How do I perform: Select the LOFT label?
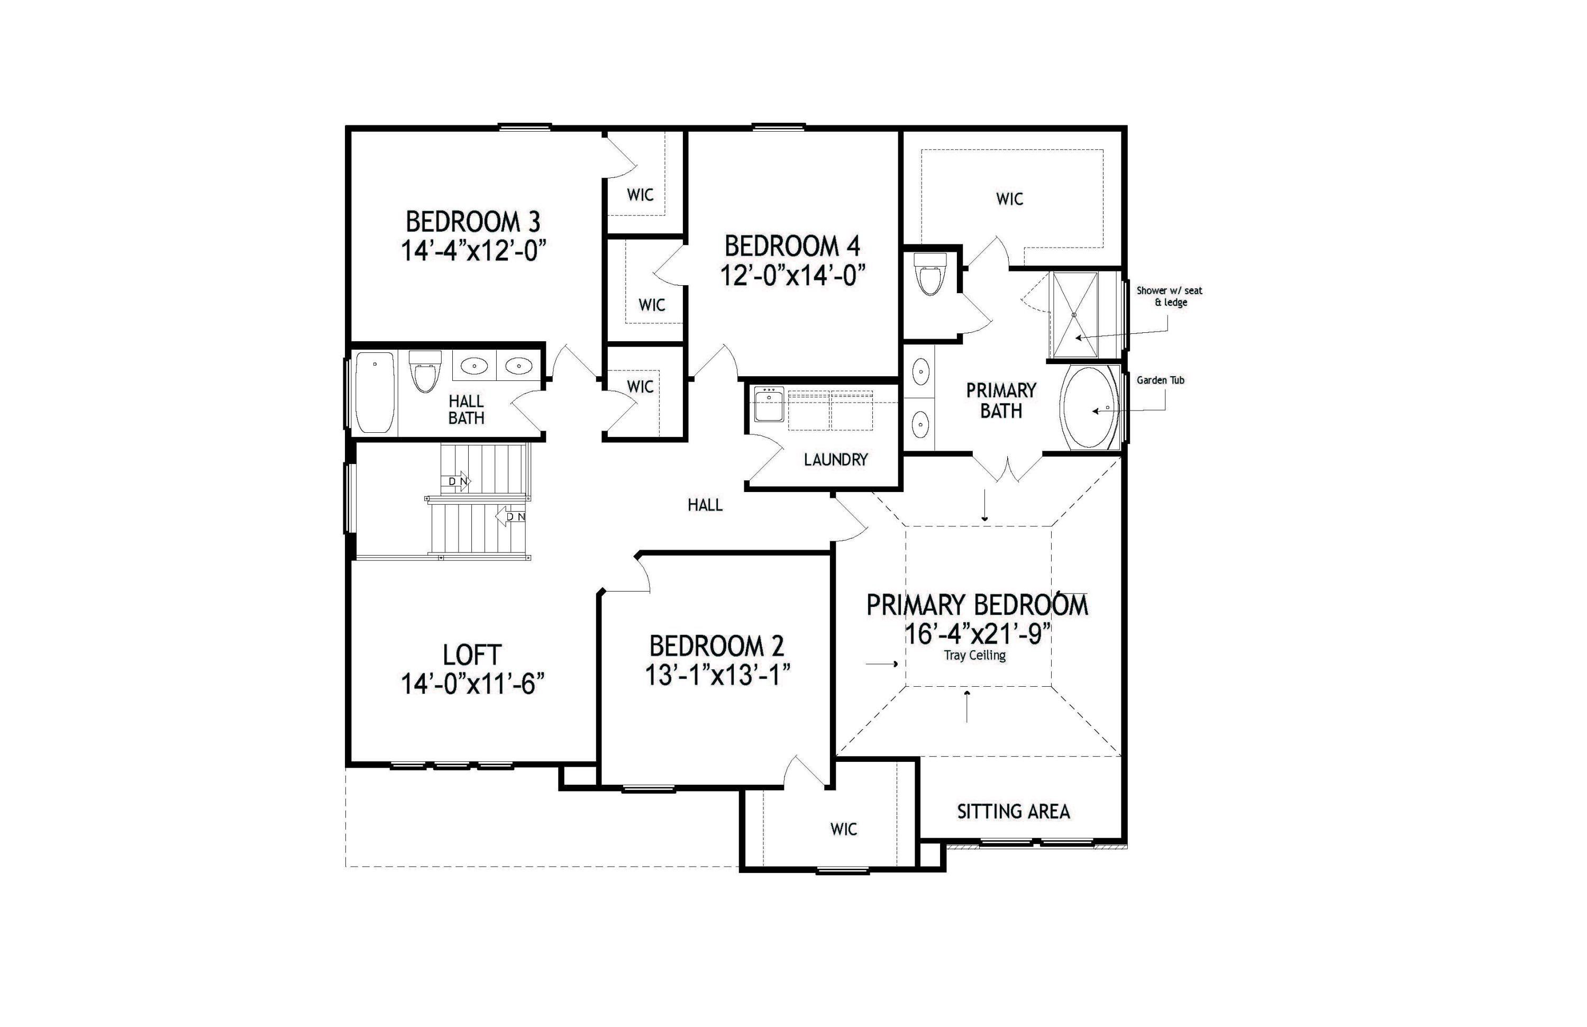click(471, 655)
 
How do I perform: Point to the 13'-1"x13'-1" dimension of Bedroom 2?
click(717, 676)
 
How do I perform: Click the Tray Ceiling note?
click(974, 656)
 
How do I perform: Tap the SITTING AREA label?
click(1013, 812)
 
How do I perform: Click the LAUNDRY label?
click(835, 459)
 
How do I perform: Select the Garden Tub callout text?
click(1160, 380)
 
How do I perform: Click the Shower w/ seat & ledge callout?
click(1170, 296)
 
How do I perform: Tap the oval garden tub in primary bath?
click(1090, 407)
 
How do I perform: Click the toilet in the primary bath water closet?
click(929, 274)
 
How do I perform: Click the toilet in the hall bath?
click(425, 371)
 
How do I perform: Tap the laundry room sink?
click(769, 405)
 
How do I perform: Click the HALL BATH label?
click(466, 410)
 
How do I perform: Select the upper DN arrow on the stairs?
click(456, 481)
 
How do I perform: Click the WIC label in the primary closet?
click(1009, 199)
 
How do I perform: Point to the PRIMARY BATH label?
click(1000, 400)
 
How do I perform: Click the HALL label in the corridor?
click(705, 505)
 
